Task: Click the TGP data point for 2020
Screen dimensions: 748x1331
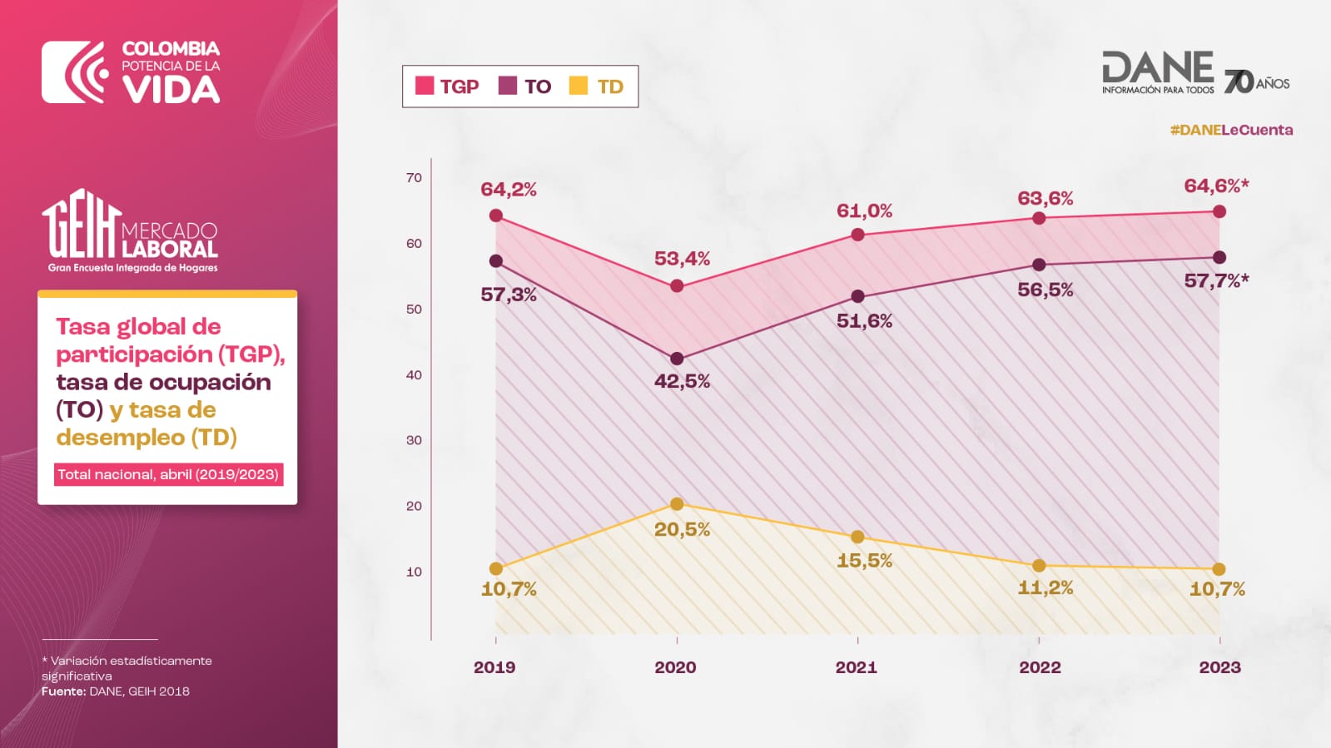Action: (677, 286)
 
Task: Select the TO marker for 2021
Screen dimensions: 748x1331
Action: (857, 297)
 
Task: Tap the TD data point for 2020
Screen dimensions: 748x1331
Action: (677, 504)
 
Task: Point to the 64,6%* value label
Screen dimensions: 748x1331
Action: (1216, 186)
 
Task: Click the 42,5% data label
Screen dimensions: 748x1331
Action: (682, 382)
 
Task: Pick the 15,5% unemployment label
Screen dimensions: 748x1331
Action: (864, 561)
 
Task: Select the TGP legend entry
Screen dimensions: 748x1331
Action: (447, 87)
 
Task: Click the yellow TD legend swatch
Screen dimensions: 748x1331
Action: (578, 86)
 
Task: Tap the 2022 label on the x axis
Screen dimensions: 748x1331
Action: (1040, 667)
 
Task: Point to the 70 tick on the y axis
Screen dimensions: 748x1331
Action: (414, 178)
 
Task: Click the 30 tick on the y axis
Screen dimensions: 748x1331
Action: (414, 440)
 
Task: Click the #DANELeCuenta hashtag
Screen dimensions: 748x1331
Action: (1231, 130)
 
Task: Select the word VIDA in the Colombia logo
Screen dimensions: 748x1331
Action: (171, 90)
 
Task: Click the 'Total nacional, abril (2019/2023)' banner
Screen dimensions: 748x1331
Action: (168, 474)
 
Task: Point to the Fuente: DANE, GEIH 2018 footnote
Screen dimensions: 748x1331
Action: (116, 691)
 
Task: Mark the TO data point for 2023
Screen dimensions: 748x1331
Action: (1219, 258)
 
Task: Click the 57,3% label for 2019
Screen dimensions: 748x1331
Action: (509, 295)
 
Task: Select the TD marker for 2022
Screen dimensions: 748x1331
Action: (1039, 566)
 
